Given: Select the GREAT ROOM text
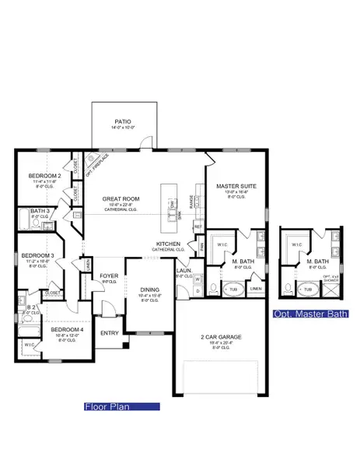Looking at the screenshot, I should click(x=121, y=199).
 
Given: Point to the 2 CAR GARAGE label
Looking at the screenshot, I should click(x=219, y=337).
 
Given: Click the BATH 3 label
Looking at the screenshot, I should click(x=40, y=211).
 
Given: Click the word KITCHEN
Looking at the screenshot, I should click(x=167, y=244).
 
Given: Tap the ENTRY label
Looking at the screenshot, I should click(x=109, y=333).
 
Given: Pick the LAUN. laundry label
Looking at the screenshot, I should click(x=183, y=272).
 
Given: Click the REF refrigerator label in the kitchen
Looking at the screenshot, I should click(x=198, y=226).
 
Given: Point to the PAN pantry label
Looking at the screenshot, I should click(x=201, y=246).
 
